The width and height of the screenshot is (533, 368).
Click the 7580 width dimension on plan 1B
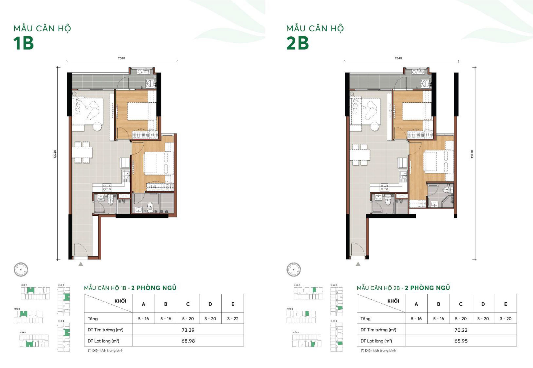[x=121, y=58]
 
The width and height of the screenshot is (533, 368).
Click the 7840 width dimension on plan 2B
[x=398, y=58]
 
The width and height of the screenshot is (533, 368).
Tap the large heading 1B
[x=24, y=43]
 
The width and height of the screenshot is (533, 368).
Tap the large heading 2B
[x=297, y=43]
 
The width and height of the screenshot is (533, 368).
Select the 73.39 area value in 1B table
[x=188, y=330]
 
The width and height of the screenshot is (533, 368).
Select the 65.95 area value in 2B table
[x=461, y=341]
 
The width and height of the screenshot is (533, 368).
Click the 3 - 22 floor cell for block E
[x=233, y=319]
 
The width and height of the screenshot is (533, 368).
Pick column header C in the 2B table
[x=461, y=304]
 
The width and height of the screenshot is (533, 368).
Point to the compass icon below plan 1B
[x=21, y=269]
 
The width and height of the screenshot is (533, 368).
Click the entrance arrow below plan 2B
[x=358, y=264]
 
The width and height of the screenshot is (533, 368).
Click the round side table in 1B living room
[x=97, y=126]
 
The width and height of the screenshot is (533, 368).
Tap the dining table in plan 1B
[x=82, y=152]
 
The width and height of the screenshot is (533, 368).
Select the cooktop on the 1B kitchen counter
[x=107, y=187]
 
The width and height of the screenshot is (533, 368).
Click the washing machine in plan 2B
[x=425, y=83]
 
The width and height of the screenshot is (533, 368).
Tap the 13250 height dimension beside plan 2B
[x=472, y=154]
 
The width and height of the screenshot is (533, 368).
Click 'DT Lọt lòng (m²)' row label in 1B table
[x=103, y=341]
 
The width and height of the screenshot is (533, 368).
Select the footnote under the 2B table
[x=379, y=350]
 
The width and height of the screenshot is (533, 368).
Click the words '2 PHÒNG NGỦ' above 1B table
[x=154, y=288]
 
